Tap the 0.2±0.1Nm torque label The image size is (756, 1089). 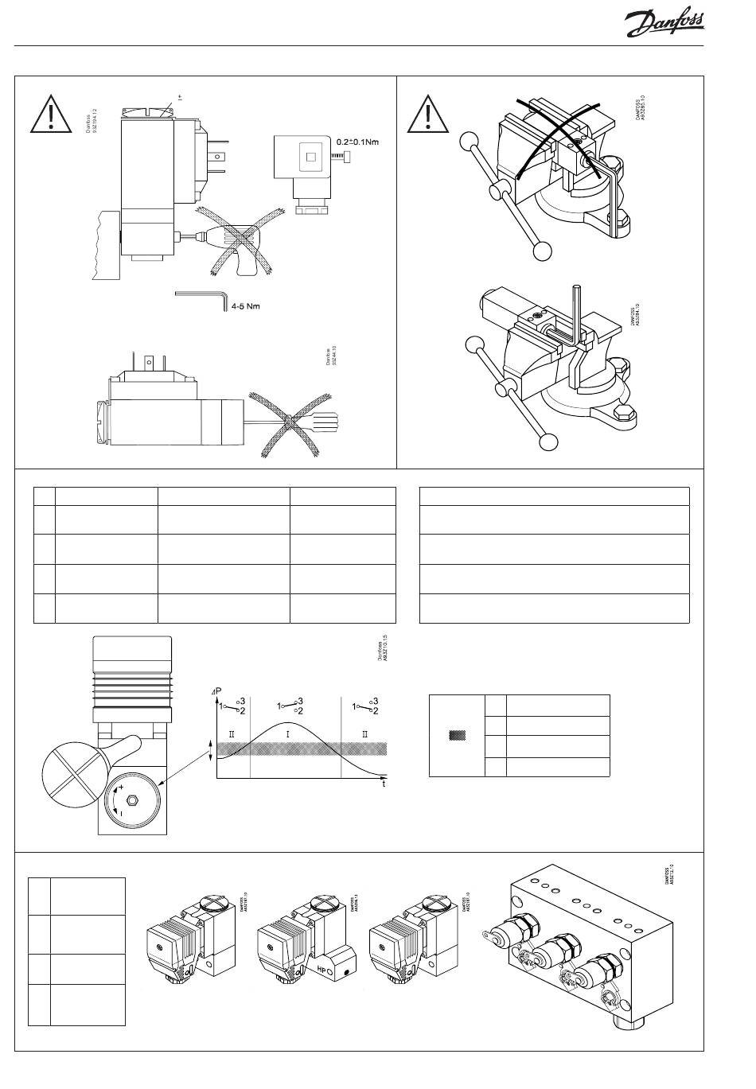click(x=357, y=142)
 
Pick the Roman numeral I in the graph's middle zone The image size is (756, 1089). click(x=288, y=733)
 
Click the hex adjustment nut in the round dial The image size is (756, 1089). click(x=133, y=799)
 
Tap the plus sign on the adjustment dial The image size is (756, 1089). click(x=120, y=787)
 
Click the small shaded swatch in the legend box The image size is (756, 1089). click(x=457, y=736)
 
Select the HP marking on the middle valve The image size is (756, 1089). click(x=323, y=970)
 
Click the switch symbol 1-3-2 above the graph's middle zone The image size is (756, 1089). click(x=288, y=706)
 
